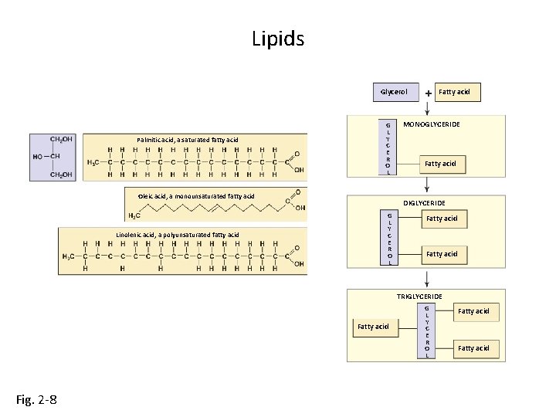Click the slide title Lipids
(x=278, y=38)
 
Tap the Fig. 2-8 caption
(x=36, y=399)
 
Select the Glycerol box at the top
(x=395, y=92)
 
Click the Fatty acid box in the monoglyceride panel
(x=442, y=163)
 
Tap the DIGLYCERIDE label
(x=424, y=202)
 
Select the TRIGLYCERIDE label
(x=419, y=297)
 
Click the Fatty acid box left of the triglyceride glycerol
(x=373, y=327)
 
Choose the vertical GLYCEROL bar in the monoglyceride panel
(x=388, y=147)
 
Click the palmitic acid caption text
(x=188, y=140)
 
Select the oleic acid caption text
(x=196, y=196)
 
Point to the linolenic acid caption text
(x=178, y=235)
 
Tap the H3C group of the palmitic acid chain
(x=93, y=162)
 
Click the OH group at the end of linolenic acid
(x=299, y=264)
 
